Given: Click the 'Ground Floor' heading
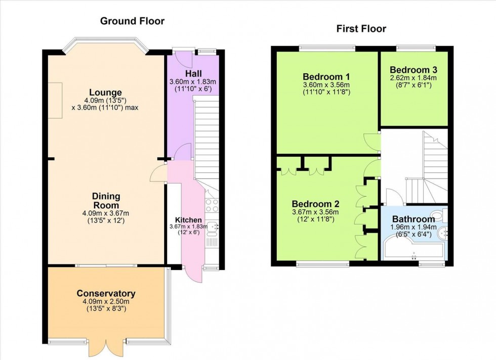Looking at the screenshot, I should (132, 21).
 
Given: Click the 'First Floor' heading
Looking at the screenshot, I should (361, 28).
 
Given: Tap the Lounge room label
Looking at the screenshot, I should (105, 93).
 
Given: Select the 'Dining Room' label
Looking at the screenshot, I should (106, 200).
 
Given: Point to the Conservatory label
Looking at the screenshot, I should (106, 293).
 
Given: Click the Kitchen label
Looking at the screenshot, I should (188, 220).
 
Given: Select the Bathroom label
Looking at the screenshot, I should (414, 219).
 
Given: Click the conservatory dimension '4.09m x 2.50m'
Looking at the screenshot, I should (106, 302).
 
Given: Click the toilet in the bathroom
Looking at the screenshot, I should (441, 216).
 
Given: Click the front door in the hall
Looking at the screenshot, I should (184, 60).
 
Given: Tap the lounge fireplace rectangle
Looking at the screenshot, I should (55, 100).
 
